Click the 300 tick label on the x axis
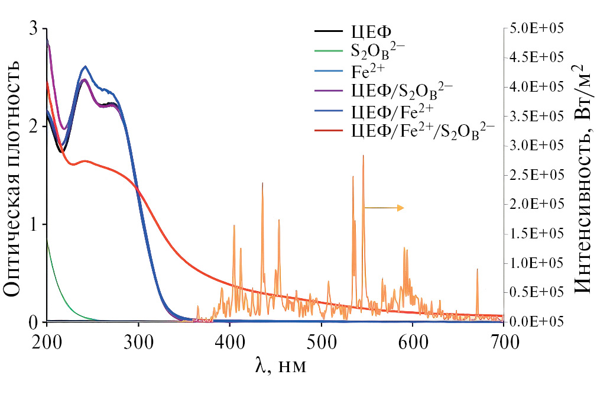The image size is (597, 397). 138,341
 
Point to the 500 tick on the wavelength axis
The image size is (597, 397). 321,341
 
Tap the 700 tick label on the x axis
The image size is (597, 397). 504,341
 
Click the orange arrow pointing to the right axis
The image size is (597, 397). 384,208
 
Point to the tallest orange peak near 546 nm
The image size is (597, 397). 363,156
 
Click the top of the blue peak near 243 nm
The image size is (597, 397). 86,66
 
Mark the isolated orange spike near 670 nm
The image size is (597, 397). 477,270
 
